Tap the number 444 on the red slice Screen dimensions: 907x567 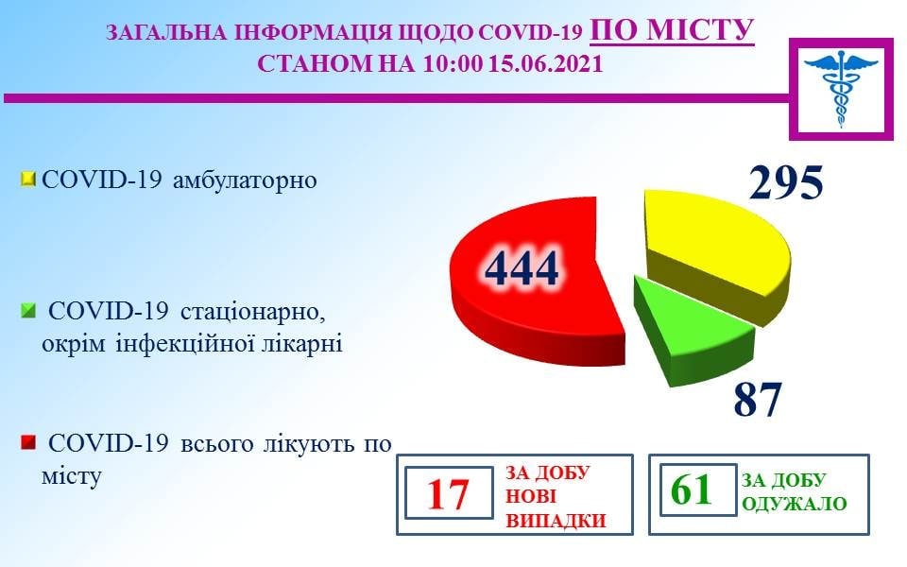tap(522, 268)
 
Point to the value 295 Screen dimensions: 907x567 tap(785, 181)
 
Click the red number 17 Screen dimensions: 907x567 tap(447, 494)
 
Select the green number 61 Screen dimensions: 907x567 tap(692, 490)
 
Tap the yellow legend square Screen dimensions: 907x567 tap(27, 179)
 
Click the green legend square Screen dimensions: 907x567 tap(27, 311)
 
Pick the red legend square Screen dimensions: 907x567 tap(27, 443)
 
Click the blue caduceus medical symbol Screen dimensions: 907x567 tap(841, 87)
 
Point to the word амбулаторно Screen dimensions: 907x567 tap(245, 180)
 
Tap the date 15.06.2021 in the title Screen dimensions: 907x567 tap(545, 63)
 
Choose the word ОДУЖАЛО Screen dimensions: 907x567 tap(795, 504)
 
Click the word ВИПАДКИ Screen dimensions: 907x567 tap(556, 521)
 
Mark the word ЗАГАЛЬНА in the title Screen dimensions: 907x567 tap(166, 33)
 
